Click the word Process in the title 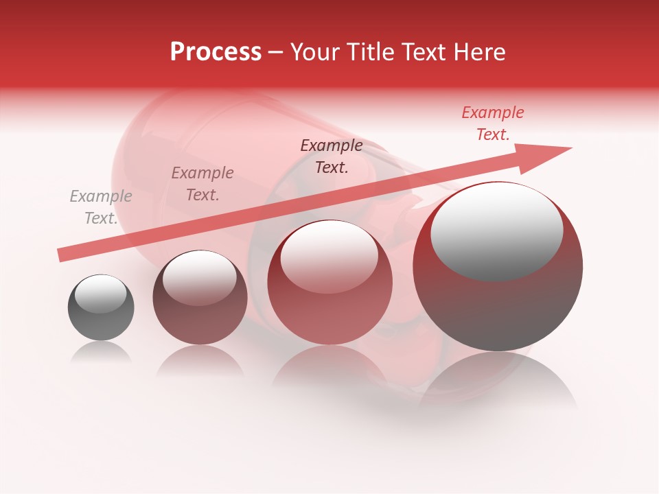[216, 52]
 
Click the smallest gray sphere [101, 308]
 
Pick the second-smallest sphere [200, 298]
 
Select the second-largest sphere [329, 283]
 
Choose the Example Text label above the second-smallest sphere [203, 184]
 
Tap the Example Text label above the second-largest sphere [332, 156]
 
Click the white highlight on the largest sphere [496, 232]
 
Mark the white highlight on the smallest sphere [100, 294]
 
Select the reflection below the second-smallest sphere [200, 362]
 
